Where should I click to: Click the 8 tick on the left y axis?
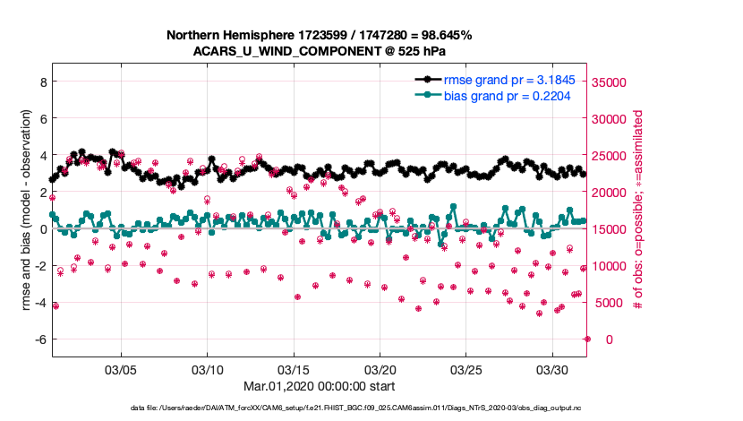41,82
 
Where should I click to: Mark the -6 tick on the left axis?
38,339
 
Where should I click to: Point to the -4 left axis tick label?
38,302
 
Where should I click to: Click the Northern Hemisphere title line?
320,35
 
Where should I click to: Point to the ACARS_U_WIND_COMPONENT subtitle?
320,51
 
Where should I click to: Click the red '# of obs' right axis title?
638,211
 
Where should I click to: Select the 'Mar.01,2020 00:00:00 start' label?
320,386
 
